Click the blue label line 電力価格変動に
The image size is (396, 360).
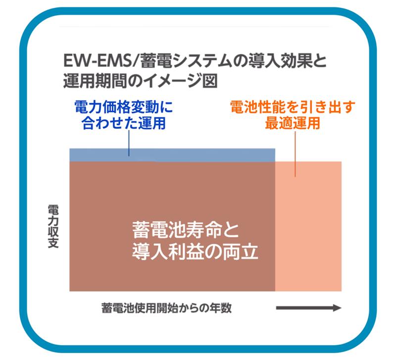124,107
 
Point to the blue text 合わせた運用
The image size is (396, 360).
123,123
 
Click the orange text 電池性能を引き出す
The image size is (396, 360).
293,107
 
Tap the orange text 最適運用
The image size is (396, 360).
293,123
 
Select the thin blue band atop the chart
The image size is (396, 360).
172,155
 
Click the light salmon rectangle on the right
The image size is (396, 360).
308,226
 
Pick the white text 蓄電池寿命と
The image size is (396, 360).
185,230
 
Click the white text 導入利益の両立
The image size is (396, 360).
195,251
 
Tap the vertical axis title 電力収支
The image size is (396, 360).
53,226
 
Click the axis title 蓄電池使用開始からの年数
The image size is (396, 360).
167,308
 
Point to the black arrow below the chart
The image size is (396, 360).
309,308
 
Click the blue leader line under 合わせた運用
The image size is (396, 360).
129,143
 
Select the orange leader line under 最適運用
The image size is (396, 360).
295,154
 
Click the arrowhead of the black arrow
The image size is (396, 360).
338,308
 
